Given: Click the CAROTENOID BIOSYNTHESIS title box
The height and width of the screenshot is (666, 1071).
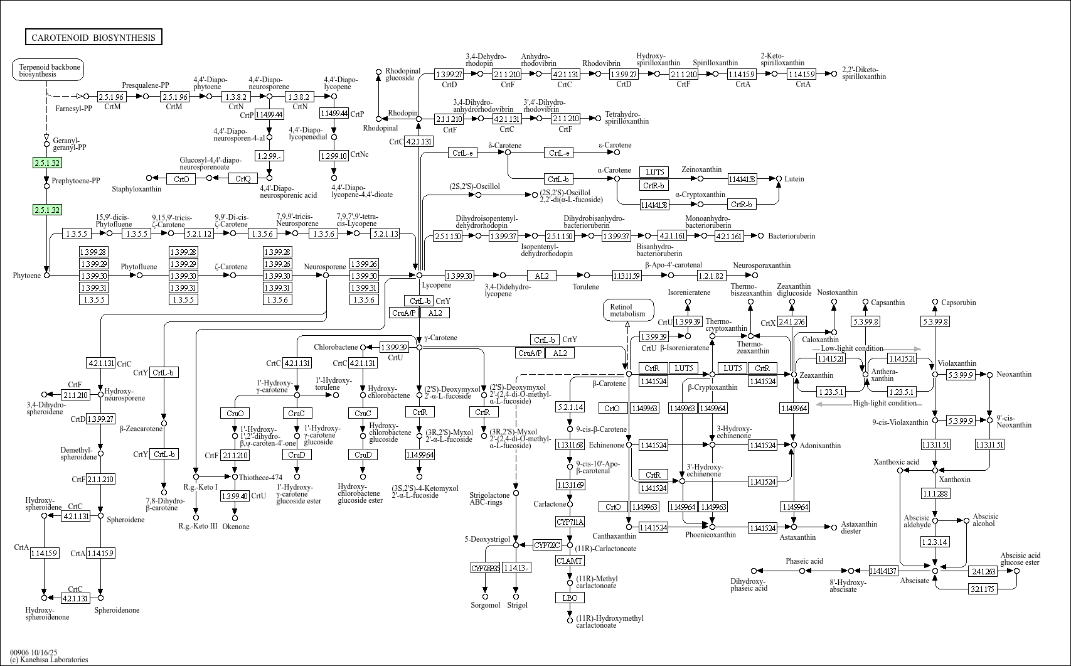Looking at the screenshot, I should pos(93,38).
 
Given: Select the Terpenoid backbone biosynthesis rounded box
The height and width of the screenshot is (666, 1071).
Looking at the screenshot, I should pos(48,70).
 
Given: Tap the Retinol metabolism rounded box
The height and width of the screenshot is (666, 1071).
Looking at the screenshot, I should pos(627,310).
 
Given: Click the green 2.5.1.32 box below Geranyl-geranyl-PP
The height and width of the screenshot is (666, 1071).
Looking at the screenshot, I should pos(47,163).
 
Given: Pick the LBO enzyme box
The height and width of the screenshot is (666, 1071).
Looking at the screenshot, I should pos(570,598).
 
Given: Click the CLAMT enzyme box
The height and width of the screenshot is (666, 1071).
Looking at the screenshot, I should pos(570,561).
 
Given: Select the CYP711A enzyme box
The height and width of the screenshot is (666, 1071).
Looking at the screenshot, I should pos(570,522).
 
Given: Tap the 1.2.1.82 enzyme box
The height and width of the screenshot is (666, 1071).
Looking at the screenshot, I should pos(711,276).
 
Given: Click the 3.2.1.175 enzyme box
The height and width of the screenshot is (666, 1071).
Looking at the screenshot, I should pos(983,589).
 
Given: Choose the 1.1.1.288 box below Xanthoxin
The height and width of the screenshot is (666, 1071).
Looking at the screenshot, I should pos(935,494).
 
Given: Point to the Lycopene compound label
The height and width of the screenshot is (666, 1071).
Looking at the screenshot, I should pos(436,285).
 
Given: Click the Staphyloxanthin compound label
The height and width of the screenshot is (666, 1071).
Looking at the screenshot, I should pos(136,189).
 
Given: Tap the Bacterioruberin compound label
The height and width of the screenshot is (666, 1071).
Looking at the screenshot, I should pos(792,236).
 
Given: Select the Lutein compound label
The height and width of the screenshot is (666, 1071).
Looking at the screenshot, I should pos(794,179).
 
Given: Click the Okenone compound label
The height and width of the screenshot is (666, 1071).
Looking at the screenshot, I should pos(236,527).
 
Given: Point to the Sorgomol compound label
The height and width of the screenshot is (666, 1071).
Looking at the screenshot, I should pos(485,605).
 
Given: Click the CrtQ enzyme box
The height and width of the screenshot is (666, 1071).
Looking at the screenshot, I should pos(243,179).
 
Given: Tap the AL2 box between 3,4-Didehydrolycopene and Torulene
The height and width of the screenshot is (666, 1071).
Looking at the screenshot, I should pos(541,276).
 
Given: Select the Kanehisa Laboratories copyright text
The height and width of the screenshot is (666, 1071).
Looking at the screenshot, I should pos(49,660).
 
